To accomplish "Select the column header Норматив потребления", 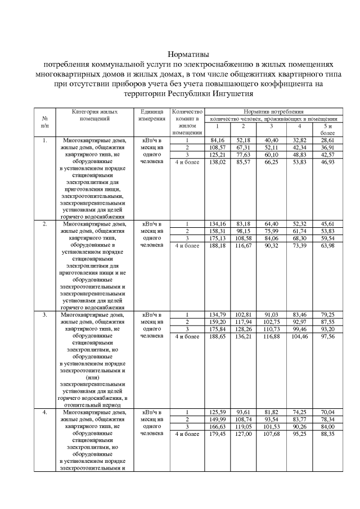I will tap(274, 112).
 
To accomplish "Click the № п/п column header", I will tap(44, 123).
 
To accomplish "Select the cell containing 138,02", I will tap(218, 161).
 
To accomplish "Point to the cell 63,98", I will tap(327, 245).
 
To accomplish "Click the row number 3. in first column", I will tap(44, 315).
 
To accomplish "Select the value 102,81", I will tap(244, 315).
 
